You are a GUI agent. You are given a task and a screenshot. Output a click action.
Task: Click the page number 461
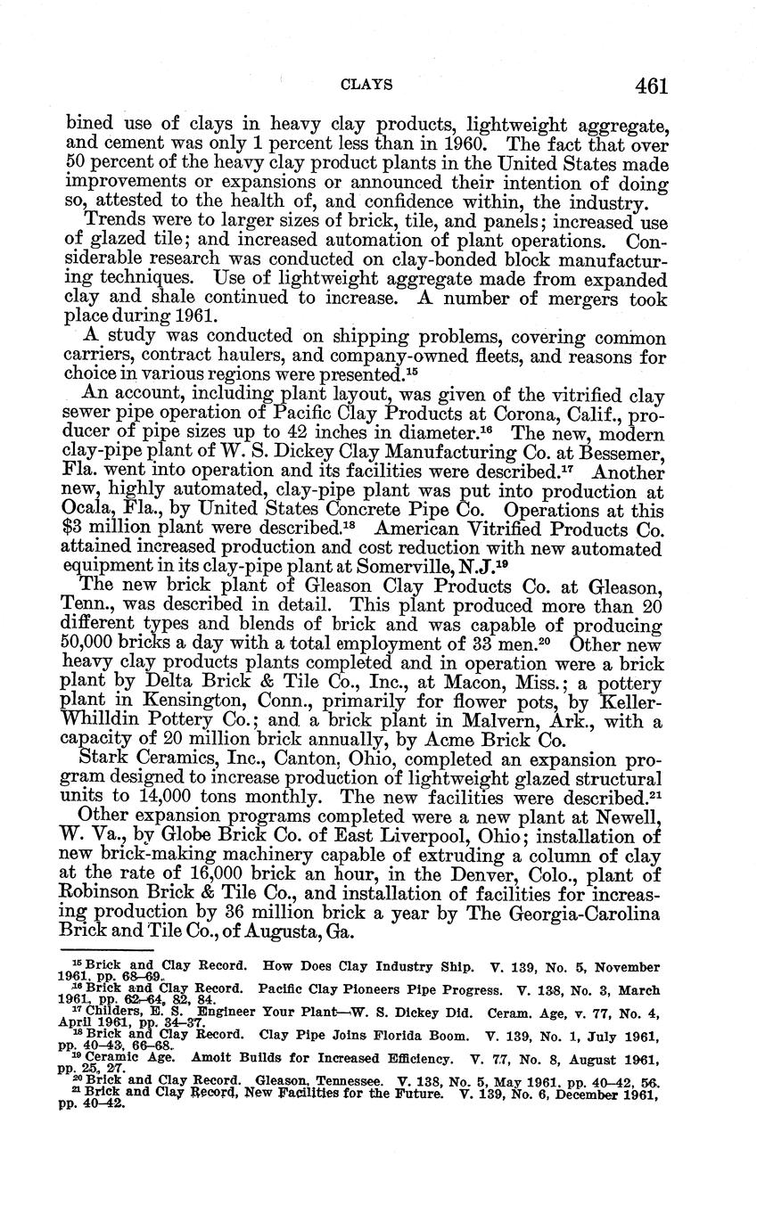point(652,86)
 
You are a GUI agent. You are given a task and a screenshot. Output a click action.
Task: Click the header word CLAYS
point(368,86)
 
